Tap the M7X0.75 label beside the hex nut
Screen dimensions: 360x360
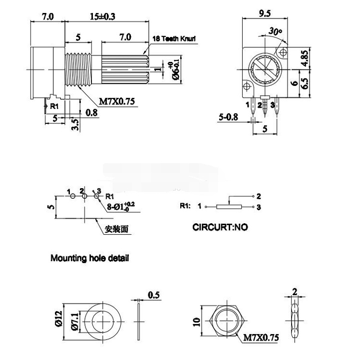click(261, 339)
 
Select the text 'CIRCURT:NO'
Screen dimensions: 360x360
click(220, 227)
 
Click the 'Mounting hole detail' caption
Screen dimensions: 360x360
click(90, 259)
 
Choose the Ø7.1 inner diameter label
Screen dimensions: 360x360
click(73, 319)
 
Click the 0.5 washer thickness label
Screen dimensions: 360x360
click(154, 295)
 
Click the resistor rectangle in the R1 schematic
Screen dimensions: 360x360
click(228, 206)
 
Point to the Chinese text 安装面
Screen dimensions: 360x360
click(117, 230)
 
